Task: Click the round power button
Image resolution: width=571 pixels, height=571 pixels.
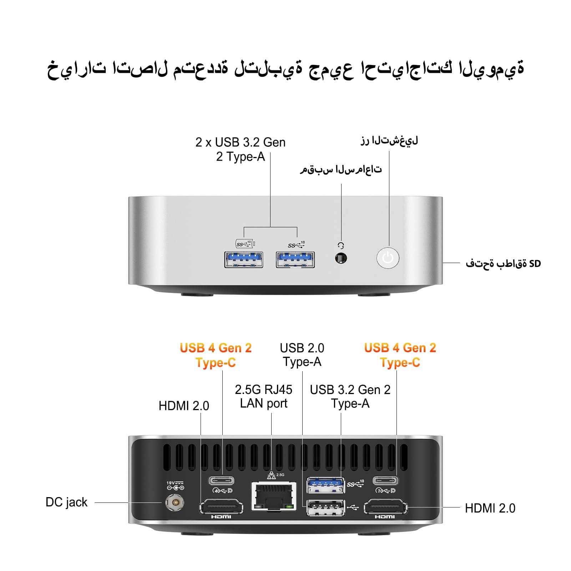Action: click(388, 258)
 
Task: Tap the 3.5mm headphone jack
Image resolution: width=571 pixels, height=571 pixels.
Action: click(341, 258)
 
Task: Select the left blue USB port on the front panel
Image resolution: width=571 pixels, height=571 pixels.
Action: click(244, 259)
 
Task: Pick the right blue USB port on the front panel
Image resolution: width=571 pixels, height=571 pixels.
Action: click(295, 259)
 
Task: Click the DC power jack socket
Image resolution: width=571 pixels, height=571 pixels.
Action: click(175, 503)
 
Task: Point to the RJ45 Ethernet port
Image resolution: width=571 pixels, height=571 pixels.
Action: click(274, 496)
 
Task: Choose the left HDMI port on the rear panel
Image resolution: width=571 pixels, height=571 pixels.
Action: click(221, 507)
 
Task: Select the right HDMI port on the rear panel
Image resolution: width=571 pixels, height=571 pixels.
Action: click(385, 507)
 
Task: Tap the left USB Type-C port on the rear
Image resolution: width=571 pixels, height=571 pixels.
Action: click(221, 480)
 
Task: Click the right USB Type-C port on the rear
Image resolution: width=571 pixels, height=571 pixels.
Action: click(385, 480)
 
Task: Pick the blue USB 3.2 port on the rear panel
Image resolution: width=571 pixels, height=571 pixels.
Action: click(326, 484)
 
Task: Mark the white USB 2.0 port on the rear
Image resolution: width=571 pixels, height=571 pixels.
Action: click(326, 507)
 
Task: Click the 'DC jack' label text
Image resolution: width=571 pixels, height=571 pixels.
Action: click(66, 502)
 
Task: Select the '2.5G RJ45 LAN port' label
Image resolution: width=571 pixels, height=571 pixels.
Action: click(263, 396)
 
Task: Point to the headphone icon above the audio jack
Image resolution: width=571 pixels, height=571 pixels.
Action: click(341, 246)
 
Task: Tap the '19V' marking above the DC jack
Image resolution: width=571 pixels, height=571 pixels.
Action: click(171, 483)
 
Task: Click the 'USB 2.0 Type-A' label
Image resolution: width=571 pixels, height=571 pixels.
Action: click(302, 355)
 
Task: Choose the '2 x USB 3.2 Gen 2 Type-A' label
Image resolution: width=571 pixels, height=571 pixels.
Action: click(240, 149)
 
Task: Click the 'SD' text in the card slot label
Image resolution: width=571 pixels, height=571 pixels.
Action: click(535, 264)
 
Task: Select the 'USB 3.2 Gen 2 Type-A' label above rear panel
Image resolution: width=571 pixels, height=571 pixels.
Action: click(350, 396)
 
